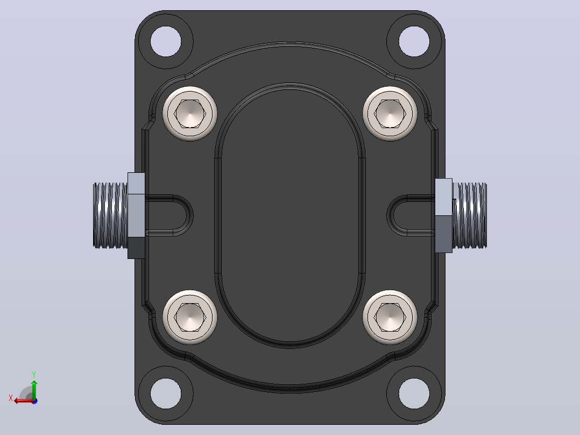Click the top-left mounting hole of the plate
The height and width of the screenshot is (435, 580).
pyautogui.click(x=166, y=41)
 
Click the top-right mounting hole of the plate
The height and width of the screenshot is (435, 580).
pyautogui.click(x=414, y=41)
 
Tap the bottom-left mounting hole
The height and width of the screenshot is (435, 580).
pyautogui.click(x=166, y=393)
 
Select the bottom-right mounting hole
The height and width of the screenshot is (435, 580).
pyautogui.click(x=414, y=393)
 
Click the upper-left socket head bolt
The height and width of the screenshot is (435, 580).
pyautogui.click(x=190, y=114)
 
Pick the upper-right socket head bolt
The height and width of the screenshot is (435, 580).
pyautogui.click(x=390, y=114)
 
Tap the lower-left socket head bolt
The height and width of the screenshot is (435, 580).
pyautogui.click(x=190, y=317)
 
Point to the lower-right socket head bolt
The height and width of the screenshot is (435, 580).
pyautogui.click(x=390, y=317)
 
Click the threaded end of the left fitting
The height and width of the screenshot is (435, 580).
pyautogui.click(x=110, y=215)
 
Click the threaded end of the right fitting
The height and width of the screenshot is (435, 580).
pyautogui.click(x=469, y=215)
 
